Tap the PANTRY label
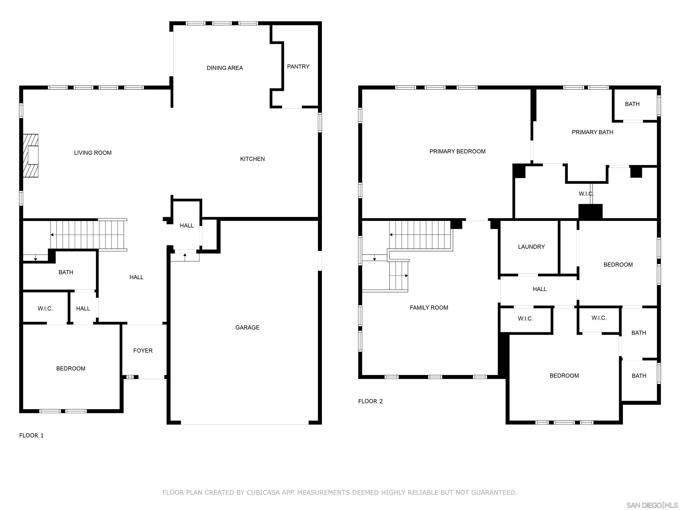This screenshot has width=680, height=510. [298, 67]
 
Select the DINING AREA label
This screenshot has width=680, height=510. [225, 68]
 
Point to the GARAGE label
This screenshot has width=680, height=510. [247, 328]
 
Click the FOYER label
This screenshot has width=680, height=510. [143, 351]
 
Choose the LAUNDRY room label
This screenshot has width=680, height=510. [531, 247]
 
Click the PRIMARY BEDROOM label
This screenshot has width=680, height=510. [458, 152]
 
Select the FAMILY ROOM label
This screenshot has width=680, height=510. [429, 308]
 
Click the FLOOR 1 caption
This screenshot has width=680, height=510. [31, 436]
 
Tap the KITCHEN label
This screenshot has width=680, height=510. [252, 159]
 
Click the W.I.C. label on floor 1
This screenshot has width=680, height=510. [45, 309]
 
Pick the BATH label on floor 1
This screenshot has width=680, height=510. [66, 272]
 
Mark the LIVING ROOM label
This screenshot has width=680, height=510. [93, 153]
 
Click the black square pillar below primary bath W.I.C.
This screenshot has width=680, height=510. [591, 211]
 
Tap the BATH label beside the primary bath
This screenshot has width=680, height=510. [632, 104]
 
